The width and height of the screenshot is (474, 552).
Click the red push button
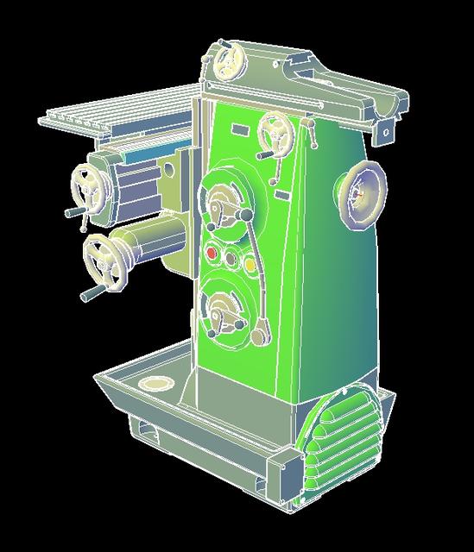click(212, 254)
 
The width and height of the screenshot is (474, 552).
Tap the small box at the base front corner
click(280, 467)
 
